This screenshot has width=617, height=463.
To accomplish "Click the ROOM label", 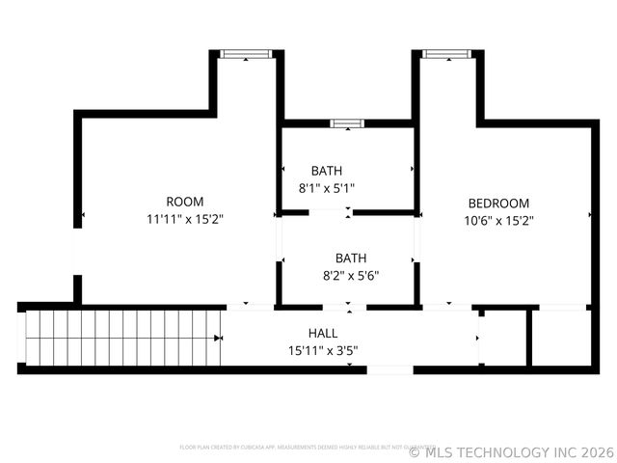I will (184, 202).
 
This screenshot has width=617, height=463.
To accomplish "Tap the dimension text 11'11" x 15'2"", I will (184, 219).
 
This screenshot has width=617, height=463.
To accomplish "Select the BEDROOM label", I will (498, 203).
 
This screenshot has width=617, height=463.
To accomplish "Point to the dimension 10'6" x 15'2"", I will (498, 220).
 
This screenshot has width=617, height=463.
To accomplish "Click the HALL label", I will (322, 332).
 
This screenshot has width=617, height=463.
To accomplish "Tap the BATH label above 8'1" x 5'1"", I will (326, 171).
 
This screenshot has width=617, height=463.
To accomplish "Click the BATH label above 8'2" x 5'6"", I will (351, 258).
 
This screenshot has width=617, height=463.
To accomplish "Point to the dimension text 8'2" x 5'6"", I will (351, 275).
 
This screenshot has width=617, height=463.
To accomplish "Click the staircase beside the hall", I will (121, 338).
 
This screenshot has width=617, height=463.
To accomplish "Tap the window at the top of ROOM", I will (246, 54).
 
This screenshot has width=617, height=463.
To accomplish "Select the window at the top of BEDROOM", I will (445, 54).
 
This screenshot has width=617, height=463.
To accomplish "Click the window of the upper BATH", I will (346, 123).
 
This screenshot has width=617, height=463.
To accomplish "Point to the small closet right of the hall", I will (503, 338).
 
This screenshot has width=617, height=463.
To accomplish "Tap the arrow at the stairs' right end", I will (219, 338).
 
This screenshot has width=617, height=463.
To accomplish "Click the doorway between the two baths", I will (349, 211).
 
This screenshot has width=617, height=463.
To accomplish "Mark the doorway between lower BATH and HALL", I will (349, 307).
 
